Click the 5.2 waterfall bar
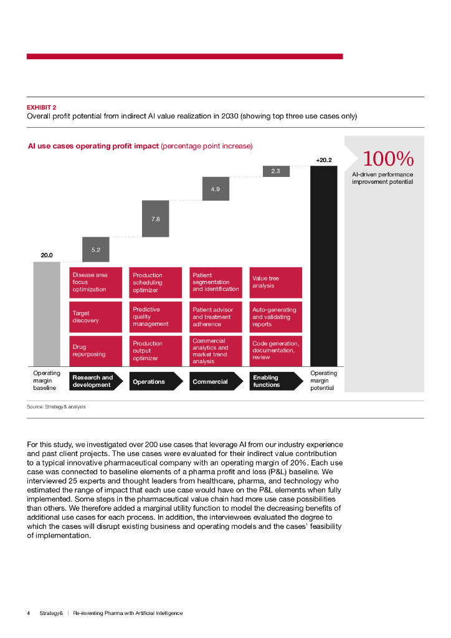click(x=96, y=249)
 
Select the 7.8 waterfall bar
click(x=156, y=219)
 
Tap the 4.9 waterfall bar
click(x=216, y=189)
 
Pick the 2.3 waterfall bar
click(x=276, y=171)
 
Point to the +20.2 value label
click(x=324, y=160)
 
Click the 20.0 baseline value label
click(x=47, y=255)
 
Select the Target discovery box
click(x=96, y=317)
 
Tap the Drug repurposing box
click(x=96, y=351)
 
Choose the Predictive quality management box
click(x=156, y=317)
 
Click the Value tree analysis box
click(x=276, y=282)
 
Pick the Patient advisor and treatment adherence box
click(x=216, y=317)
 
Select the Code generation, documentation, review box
click(x=276, y=351)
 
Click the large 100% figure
click(x=387, y=158)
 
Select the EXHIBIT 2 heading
click(x=42, y=107)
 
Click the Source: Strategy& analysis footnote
click(x=56, y=406)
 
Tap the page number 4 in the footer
click(x=29, y=613)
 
